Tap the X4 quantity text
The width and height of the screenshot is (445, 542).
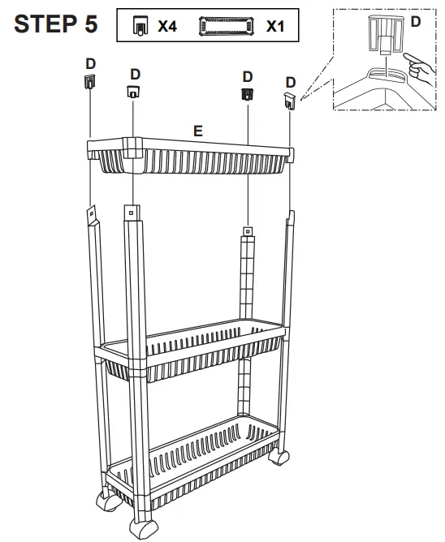click(x=166, y=27)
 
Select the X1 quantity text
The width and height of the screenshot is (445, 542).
click(x=275, y=27)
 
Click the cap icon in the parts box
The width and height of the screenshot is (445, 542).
click(x=140, y=27)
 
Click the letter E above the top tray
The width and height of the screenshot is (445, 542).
click(x=197, y=130)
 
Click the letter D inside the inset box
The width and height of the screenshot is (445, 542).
click(x=415, y=22)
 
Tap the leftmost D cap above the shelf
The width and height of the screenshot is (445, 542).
click(x=90, y=81)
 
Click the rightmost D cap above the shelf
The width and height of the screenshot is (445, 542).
click(x=290, y=99)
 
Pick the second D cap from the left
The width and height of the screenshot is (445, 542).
click(x=132, y=92)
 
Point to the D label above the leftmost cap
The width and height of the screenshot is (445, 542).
click(x=90, y=62)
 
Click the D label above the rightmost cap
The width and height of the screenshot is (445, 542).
click(x=290, y=82)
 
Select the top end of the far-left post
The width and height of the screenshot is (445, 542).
click(x=91, y=213)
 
